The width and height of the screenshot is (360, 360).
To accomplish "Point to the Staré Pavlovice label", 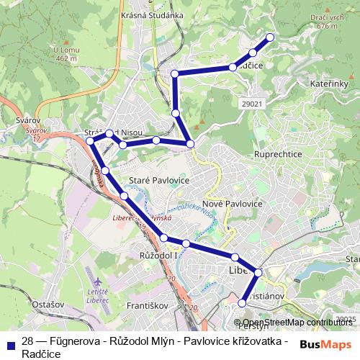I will point(158,179).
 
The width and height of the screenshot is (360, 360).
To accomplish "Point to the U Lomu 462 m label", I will point(65,53).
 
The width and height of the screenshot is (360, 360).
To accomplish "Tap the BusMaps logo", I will point(325,345).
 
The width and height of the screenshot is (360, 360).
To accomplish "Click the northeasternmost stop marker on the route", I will point(270,37).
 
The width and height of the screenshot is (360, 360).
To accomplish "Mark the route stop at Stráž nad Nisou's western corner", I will point(91,141).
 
